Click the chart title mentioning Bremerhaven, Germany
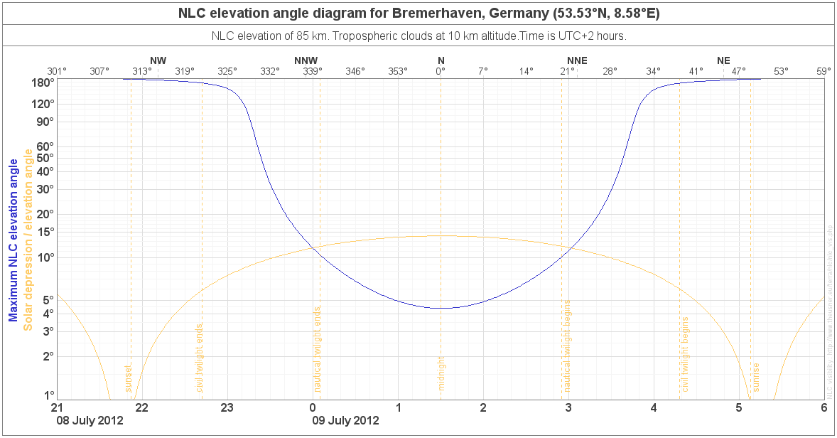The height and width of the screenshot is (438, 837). pyautogui.click(x=418, y=14)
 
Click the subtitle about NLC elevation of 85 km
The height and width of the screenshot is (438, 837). pyautogui.click(x=418, y=36)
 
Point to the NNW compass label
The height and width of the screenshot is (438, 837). pyautogui.click(x=306, y=60)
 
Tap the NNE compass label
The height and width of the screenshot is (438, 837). pyautogui.click(x=576, y=60)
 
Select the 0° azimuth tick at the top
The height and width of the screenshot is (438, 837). pyautogui.click(x=441, y=71)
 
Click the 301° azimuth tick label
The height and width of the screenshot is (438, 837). pyautogui.click(x=57, y=71)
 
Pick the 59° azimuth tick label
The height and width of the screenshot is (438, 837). pyautogui.click(x=823, y=71)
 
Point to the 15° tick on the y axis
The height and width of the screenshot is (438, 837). pyautogui.click(x=44, y=232)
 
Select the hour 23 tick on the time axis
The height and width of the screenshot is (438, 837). pyautogui.click(x=227, y=407)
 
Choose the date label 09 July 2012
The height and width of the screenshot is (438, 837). pyautogui.click(x=346, y=420)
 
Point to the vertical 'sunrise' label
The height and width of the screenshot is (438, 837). pyautogui.click(x=757, y=377)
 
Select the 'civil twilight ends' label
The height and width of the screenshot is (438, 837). pyautogui.click(x=200, y=358)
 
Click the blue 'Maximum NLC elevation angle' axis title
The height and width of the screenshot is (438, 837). pyautogui.click(x=13, y=240)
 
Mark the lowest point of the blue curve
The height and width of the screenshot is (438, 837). pyautogui.click(x=441, y=308)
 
